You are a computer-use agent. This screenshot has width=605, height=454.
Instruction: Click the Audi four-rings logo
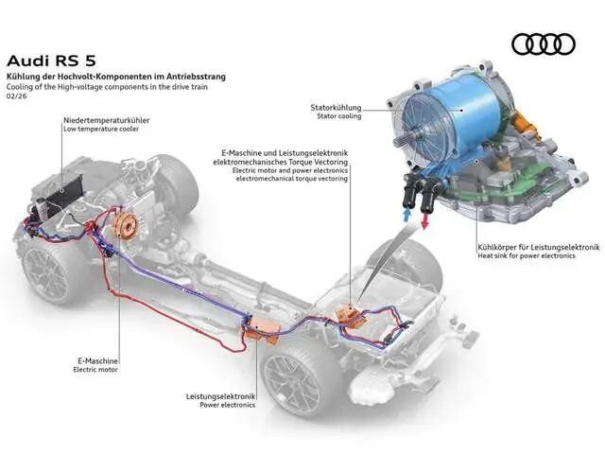544,44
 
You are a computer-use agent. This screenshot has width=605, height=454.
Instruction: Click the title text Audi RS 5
51,61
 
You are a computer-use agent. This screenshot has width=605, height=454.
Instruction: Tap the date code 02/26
17,96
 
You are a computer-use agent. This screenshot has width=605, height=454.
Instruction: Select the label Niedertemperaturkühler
107,120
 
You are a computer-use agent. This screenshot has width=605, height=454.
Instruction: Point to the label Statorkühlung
336,107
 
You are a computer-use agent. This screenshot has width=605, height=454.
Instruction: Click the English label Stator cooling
339,115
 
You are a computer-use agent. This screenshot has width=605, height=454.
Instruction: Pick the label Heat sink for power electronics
527,255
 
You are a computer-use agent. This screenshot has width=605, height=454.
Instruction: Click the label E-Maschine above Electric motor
97,361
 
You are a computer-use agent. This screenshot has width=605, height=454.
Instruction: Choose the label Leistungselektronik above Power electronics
220,396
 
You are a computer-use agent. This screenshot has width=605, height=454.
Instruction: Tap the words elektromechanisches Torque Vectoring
280,162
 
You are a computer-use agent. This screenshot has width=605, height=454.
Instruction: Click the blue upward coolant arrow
406,214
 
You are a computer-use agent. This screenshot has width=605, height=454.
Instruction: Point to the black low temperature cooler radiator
64,193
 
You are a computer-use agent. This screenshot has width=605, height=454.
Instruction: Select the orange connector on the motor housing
527,124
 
